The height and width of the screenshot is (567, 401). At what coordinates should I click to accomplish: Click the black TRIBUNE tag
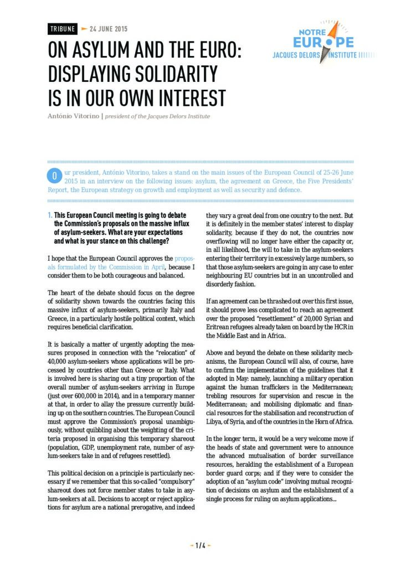point(61,28)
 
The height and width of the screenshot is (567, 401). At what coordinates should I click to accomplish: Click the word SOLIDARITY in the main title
point(170,74)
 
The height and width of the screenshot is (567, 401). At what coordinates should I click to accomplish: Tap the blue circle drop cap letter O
point(55,176)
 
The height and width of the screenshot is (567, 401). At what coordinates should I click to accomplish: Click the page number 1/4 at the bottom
point(200,545)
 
